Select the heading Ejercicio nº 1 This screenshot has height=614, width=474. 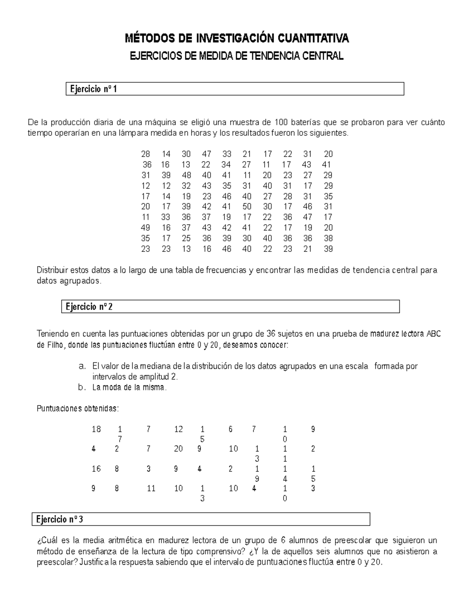click(94, 89)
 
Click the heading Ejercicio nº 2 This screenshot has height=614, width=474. click(90, 307)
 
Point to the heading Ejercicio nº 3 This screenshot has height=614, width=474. click(60, 520)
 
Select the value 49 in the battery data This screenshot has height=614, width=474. click(145, 228)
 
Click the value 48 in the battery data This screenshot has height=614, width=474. click(186, 175)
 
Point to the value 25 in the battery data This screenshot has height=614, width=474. click(186, 238)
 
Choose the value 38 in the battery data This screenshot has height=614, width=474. click(328, 238)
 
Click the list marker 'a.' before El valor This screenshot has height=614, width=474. click(82, 367)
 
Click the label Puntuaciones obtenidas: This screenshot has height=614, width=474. click(77, 409)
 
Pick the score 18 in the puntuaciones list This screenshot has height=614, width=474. click(96, 429)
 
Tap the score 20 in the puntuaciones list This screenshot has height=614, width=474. click(178, 449)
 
